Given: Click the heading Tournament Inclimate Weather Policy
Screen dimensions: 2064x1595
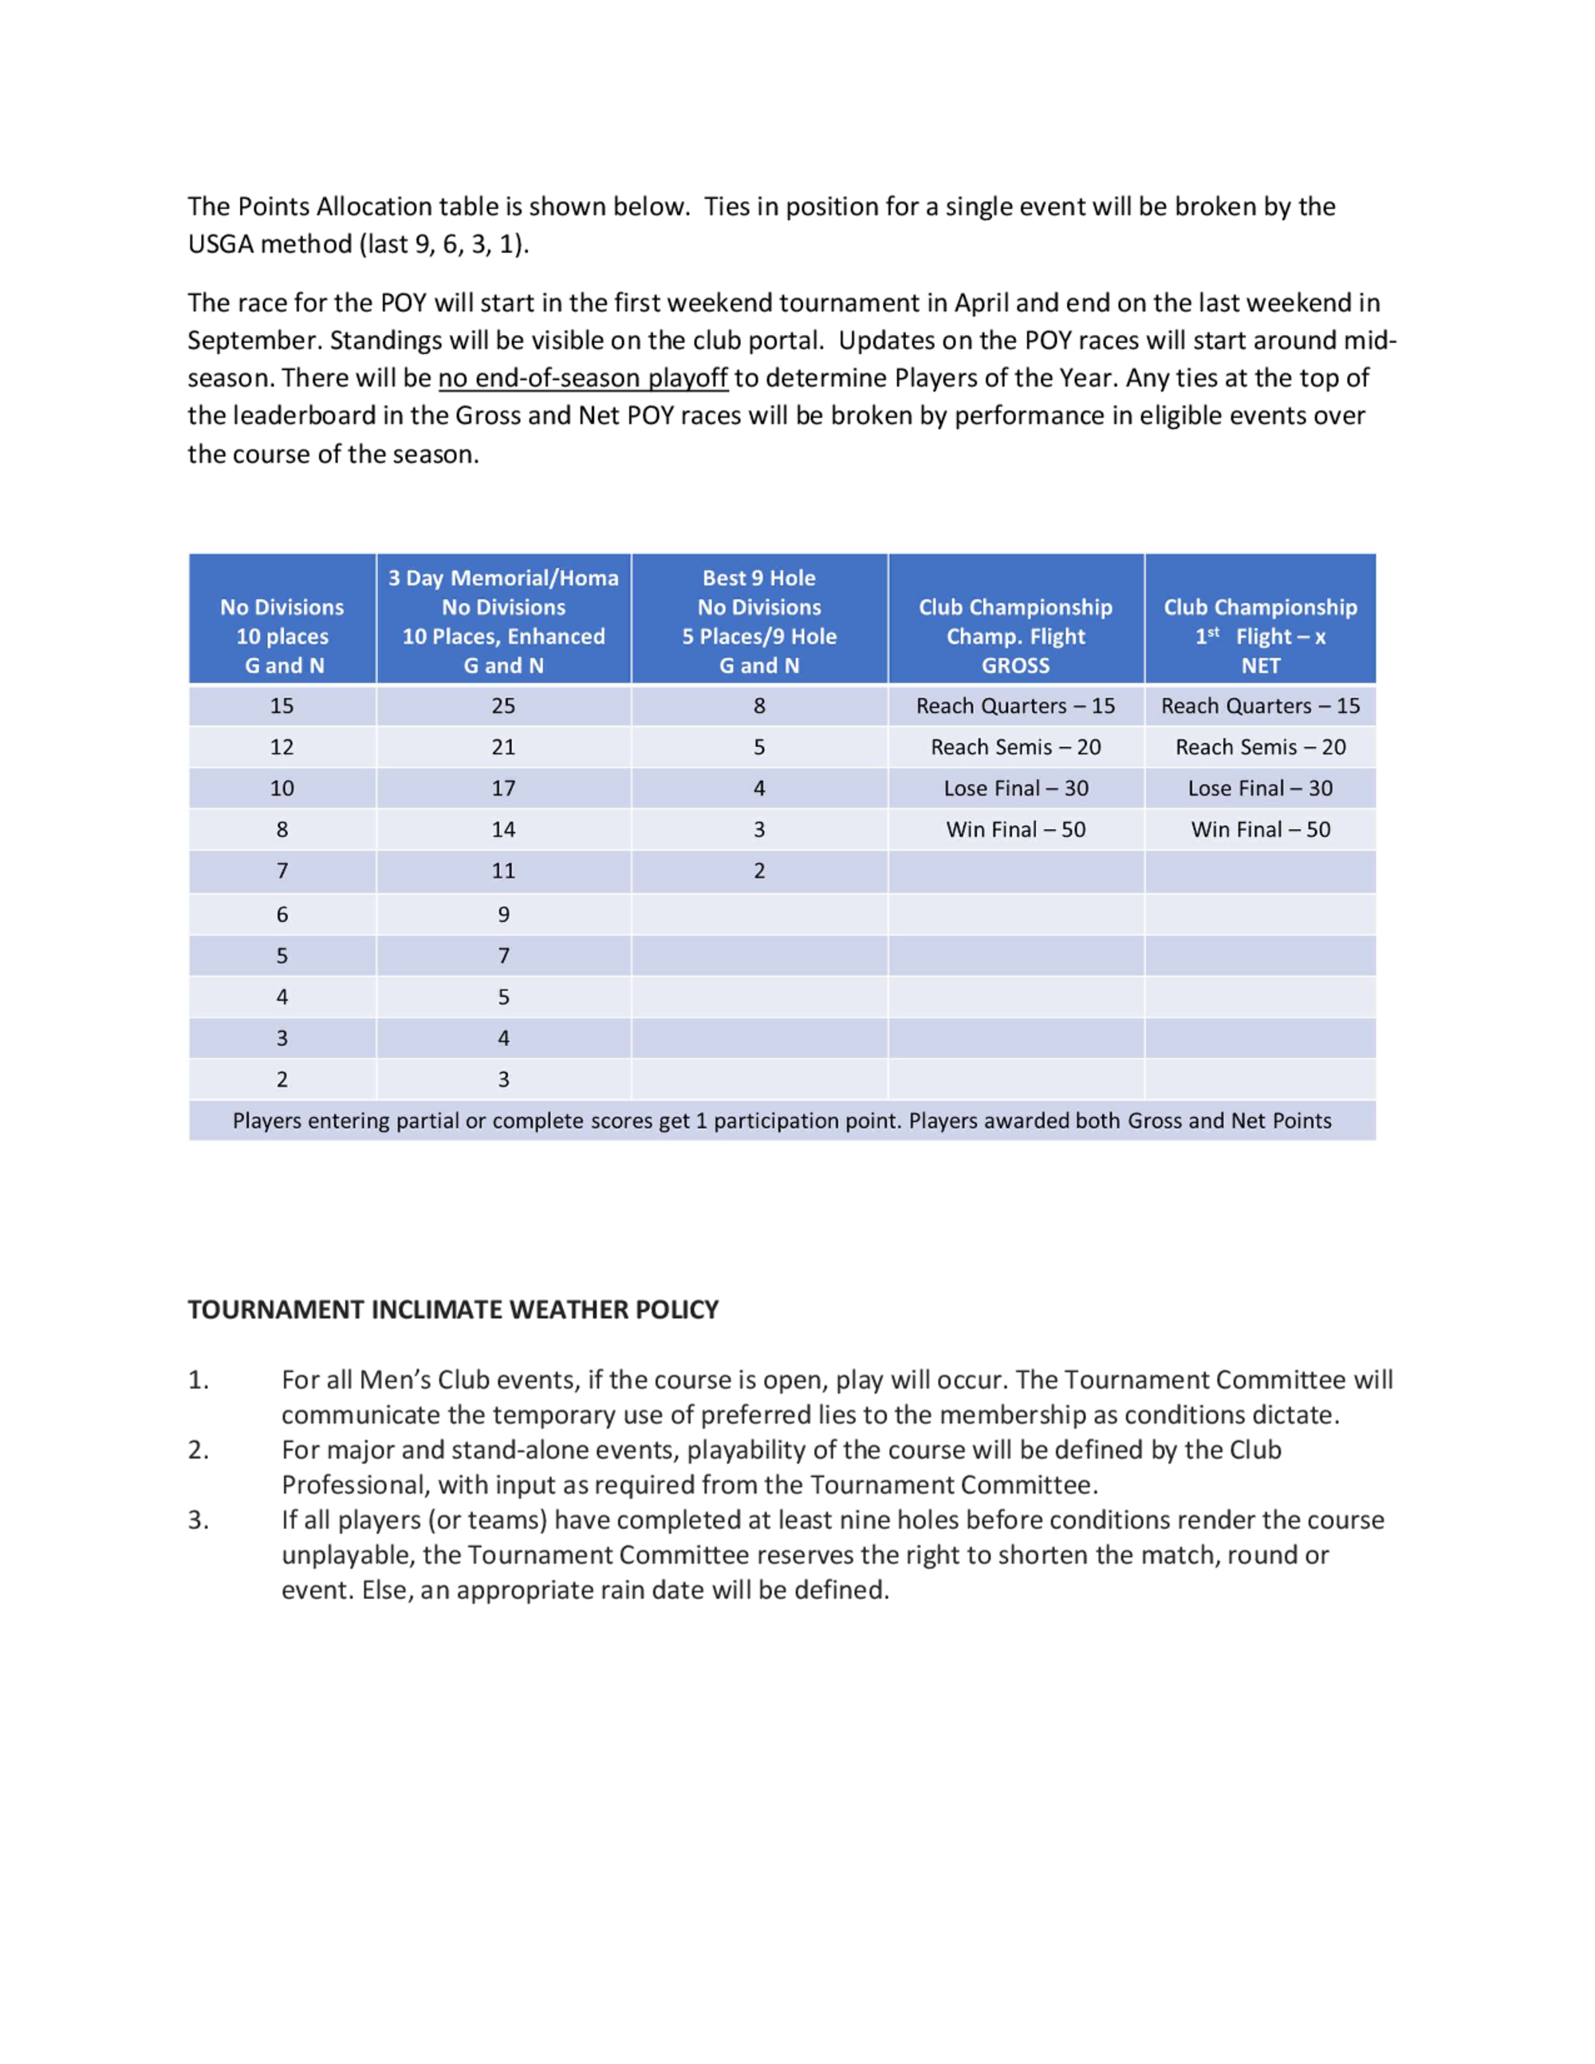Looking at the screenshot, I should click(x=453, y=1310).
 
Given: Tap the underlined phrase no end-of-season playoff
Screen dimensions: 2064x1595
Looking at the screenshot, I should click(x=582, y=378).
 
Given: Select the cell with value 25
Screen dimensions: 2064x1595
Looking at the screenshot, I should click(x=504, y=706).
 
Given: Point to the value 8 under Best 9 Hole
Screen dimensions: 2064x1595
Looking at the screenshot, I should click(x=758, y=706).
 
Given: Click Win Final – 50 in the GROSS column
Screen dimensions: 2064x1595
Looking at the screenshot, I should click(x=1016, y=829).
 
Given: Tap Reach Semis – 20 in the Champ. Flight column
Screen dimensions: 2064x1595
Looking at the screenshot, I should click(x=1016, y=747).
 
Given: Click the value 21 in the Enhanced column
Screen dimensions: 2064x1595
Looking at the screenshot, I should click(x=504, y=747).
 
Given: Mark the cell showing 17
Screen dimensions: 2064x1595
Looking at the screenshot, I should click(x=504, y=788).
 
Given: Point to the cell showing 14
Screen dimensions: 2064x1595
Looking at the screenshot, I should click(x=504, y=829).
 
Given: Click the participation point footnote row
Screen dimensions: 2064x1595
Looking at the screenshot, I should click(x=782, y=1121).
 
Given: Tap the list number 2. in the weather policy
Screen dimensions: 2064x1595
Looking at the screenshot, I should click(x=199, y=1450).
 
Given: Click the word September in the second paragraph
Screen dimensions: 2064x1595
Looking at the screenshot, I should click(x=254, y=341).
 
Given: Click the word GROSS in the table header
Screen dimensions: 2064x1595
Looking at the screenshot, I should click(x=1016, y=665).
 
